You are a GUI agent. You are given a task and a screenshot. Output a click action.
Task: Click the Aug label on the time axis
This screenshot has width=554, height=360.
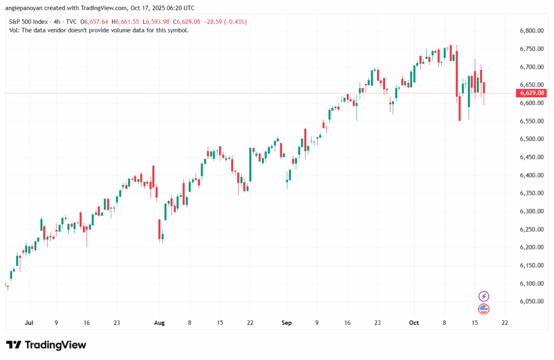tap(159, 323)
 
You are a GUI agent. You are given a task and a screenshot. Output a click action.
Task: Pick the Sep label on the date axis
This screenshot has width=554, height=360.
tap(286, 323)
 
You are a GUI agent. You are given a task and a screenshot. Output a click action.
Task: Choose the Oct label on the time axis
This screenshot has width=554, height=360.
tap(414, 323)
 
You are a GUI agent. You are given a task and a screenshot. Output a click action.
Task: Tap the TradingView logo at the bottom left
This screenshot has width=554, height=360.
tap(46, 345)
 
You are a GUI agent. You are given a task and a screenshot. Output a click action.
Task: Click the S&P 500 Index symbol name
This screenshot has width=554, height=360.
tap(30, 22)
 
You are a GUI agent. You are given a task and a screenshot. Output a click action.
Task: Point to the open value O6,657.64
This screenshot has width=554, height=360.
tap(95, 22)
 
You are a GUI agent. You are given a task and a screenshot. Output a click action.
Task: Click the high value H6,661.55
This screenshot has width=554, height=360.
tap(126, 22)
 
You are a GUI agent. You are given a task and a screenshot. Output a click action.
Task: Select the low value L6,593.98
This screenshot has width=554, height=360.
tap(155, 22)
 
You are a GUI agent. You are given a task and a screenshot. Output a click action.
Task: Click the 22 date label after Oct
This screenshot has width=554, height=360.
tap(505, 323)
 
